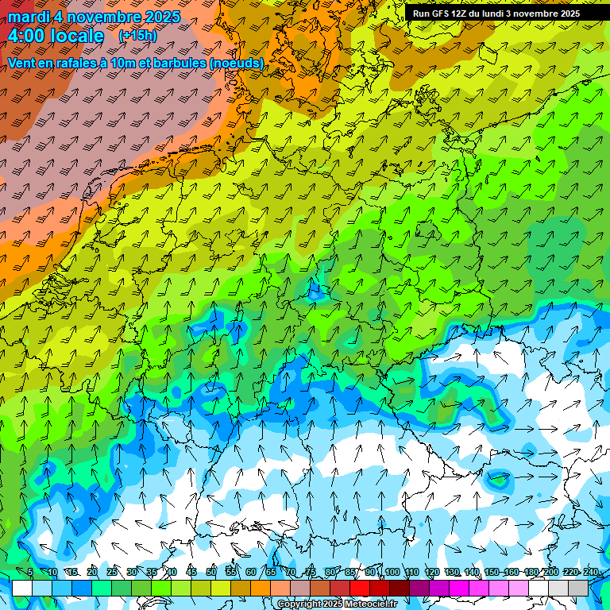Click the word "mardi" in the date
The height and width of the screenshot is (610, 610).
click(x=29, y=17)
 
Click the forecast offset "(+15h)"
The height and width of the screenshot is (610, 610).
click(x=137, y=36)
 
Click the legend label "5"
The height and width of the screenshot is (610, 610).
click(x=30, y=573)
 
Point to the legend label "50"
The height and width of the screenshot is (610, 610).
click(x=211, y=573)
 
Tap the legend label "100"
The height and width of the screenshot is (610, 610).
click(x=392, y=573)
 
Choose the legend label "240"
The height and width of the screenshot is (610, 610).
click(x=590, y=573)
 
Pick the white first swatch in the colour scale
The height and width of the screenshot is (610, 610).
click(x=22, y=588)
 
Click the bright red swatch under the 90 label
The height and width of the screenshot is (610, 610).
click(x=361, y=588)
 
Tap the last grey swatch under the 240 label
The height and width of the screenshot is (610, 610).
click(x=578, y=588)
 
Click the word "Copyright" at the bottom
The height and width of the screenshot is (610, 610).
click(x=299, y=604)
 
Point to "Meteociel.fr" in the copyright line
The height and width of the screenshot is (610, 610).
click(x=369, y=604)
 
